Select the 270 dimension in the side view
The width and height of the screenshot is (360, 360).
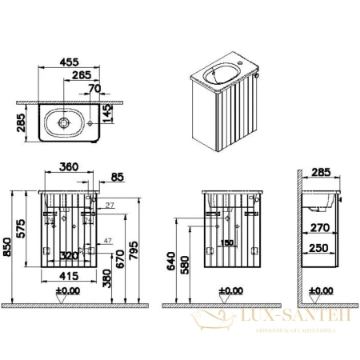click(321, 226)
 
